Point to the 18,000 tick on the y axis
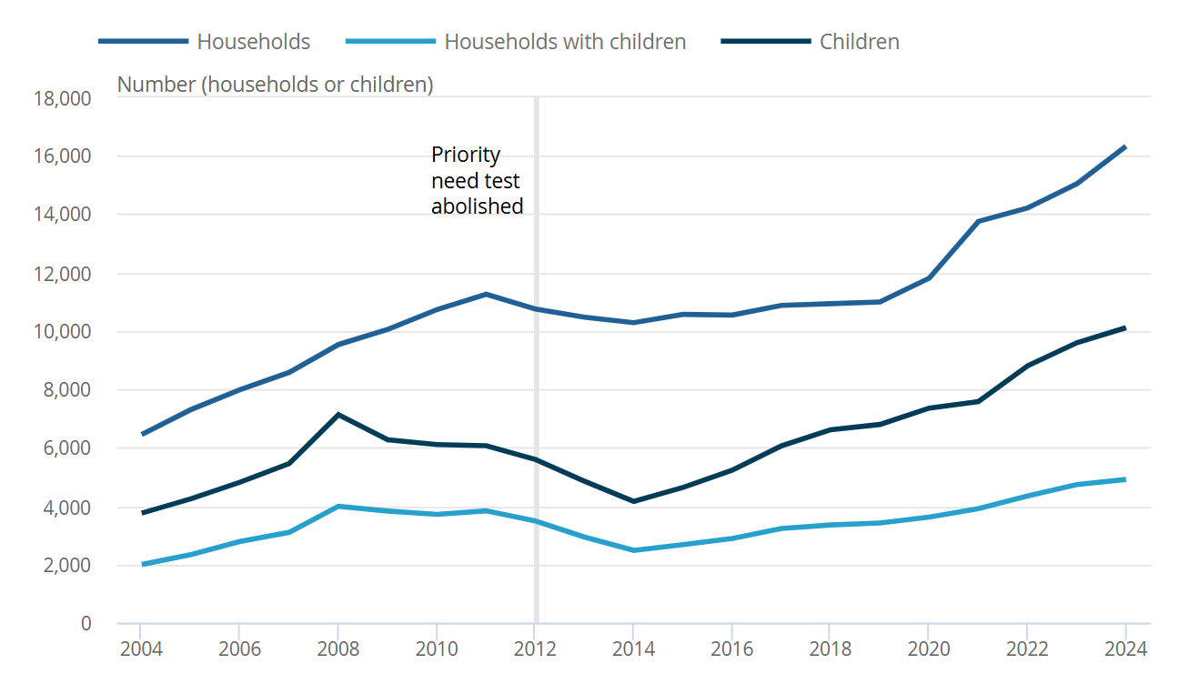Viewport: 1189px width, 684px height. coord(62,98)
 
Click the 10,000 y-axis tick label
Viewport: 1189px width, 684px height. coord(62,332)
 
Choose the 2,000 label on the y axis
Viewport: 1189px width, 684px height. coord(65,566)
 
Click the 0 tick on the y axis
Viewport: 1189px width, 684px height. coord(86,624)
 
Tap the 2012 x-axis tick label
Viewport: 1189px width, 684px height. coord(535,649)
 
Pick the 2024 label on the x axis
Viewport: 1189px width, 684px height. coord(1125,649)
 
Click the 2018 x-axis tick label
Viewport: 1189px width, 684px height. coord(830,649)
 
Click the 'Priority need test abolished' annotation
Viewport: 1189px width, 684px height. coord(477,181)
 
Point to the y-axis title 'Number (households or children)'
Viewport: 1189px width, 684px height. coord(275,85)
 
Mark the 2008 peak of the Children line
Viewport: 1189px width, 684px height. coord(338,415)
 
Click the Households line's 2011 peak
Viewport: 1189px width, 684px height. coord(486,294)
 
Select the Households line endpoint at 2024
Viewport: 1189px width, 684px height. coord(1125,146)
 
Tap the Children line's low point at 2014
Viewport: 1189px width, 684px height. coord(633,501)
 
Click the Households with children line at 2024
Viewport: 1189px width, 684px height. coord(1125,479)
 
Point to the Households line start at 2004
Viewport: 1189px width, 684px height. coord(142,435)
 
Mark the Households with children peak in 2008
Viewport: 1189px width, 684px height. coord(338,506)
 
